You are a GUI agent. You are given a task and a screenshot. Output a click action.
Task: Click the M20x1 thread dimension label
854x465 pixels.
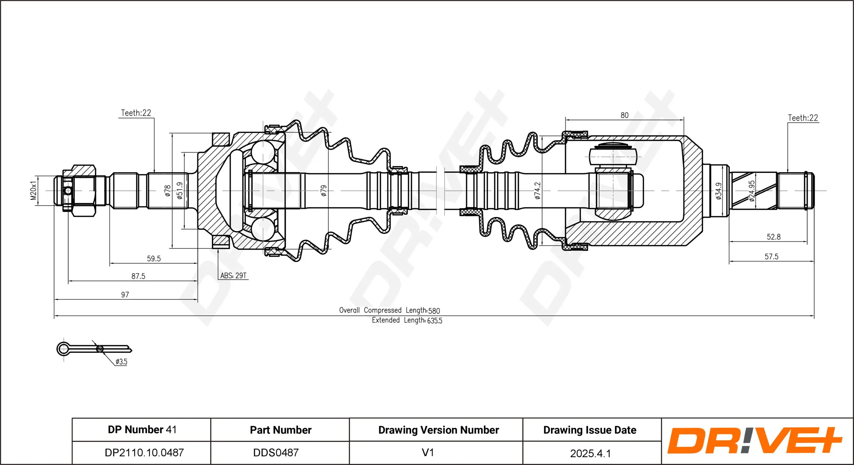point(33,191)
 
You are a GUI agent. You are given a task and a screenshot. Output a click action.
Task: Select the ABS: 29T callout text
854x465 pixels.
point(233,276)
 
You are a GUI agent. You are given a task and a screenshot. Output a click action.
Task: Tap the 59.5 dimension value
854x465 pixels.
point(154,259)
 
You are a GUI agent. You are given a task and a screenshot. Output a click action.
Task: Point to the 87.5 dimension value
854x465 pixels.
point(138,276)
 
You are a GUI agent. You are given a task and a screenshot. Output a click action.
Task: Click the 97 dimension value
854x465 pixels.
point(125,295)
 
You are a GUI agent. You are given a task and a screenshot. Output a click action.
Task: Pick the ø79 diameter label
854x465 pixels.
point(323,191)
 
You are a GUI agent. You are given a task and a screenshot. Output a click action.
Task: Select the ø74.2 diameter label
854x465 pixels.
point(537,191)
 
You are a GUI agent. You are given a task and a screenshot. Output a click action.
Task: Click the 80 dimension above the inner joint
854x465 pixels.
point(624,115)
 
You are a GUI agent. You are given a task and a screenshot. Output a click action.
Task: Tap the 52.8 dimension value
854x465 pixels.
point(774,237)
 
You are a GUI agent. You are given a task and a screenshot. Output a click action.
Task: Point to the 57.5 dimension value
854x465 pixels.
point(772,257)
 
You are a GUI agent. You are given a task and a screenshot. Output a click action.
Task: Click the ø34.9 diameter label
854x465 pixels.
point(719,191)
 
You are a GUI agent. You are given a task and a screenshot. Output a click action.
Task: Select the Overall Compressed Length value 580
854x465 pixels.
point(434,311)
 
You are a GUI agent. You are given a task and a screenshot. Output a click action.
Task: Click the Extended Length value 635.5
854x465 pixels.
point(435,321)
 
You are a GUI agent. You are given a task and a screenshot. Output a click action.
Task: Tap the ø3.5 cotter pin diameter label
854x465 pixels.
point(121,362)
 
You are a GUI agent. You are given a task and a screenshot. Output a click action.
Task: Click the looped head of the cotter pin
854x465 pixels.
point(64,349)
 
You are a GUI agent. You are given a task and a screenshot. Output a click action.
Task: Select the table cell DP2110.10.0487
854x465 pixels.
point(144,453)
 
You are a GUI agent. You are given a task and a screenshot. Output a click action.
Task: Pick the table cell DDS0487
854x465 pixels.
point(276,453)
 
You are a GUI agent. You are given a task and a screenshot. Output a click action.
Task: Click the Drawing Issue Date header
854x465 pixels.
point(590,430)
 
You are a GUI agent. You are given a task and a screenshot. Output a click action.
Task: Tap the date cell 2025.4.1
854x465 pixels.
point(590,453)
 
